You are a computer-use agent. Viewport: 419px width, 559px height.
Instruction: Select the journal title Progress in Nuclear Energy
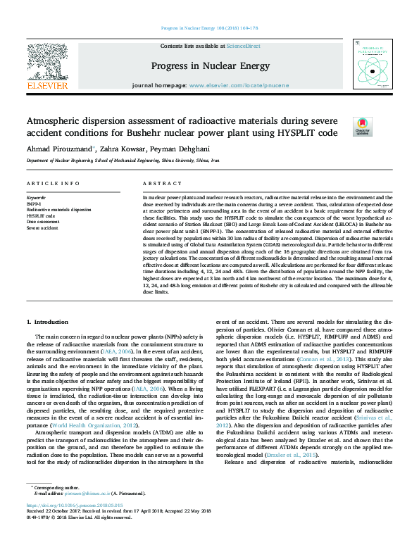click(210, 65)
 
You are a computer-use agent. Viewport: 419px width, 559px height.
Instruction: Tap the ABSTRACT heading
click(157, 183)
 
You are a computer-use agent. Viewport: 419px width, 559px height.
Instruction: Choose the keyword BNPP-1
click(34, 204)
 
